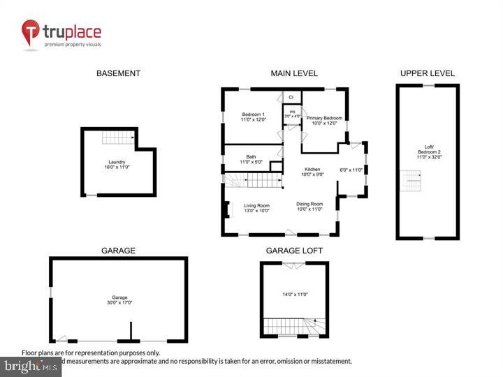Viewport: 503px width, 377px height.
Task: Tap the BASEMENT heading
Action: tap(118, 73)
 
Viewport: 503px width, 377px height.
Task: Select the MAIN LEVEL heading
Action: tap(294, 73)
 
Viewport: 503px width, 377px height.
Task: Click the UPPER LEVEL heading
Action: tap(427, 73)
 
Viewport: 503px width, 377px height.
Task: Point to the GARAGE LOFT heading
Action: tap(294, 250)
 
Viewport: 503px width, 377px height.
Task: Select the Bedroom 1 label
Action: tap(253, 117)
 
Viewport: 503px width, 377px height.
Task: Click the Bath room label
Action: tap(251, 159)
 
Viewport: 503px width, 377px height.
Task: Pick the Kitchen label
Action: tap(312, 172)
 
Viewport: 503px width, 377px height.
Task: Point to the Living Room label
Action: tap(256, 208)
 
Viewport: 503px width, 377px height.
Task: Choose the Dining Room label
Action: tap(309, 207)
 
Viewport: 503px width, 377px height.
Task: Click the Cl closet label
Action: tap(291, 97)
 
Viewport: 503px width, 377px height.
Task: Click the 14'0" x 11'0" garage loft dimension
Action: tap(293, 295)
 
